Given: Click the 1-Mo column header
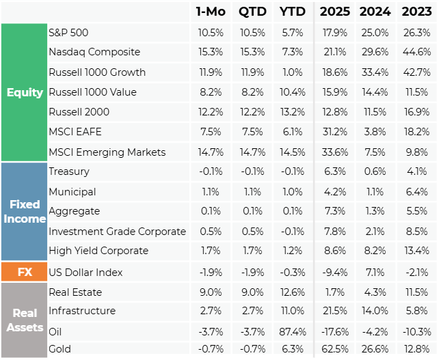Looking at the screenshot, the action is pyautogui.click(x=211, y=12).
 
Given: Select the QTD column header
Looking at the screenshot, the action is pyautogui.click(x=252, y=12).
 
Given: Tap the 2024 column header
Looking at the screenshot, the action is pyautogui.click(x=375, y=12).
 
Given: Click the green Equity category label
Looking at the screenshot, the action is pyautogui.click(x=25, y=92).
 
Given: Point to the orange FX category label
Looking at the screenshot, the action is pyautogui.click(x=25, y=272).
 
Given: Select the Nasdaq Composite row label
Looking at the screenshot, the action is pyautogui.click(x=94, y=52).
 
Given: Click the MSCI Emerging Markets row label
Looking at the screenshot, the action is pyautogui.click(x=107, y=152).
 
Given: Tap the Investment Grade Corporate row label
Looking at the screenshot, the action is pyautogui.click(x=118, y=232).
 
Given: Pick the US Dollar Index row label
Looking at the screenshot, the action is pyautogui.click(x=85, y=273).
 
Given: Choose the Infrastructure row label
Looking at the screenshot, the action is pyautogui.click(x=82, y=311).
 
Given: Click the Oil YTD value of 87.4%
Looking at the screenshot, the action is pyautogui.click(x=293, y=332).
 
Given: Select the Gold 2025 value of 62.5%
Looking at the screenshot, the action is pyautogui.click(x=335, y=349).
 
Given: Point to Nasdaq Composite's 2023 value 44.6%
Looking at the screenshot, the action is pyautogui.click(x=417, y=52).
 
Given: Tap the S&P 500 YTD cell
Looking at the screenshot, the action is pyautogui.click(x=293, y=33).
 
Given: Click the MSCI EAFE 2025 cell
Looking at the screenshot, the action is pyautogui.click(x=335, y=132).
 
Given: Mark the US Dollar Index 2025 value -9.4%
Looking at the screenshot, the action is pyautogui.click(x=335, y=273).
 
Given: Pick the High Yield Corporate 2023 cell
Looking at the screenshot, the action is pyautogui.click(x=417, y=251).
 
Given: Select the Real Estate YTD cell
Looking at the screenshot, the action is pyautogui.click(x=293, y=292).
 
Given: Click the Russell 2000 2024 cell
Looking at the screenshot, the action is pyautogui.click(x=375, y=112).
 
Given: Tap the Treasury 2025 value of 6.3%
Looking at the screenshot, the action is pyautogui.click(x=335, y=171).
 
